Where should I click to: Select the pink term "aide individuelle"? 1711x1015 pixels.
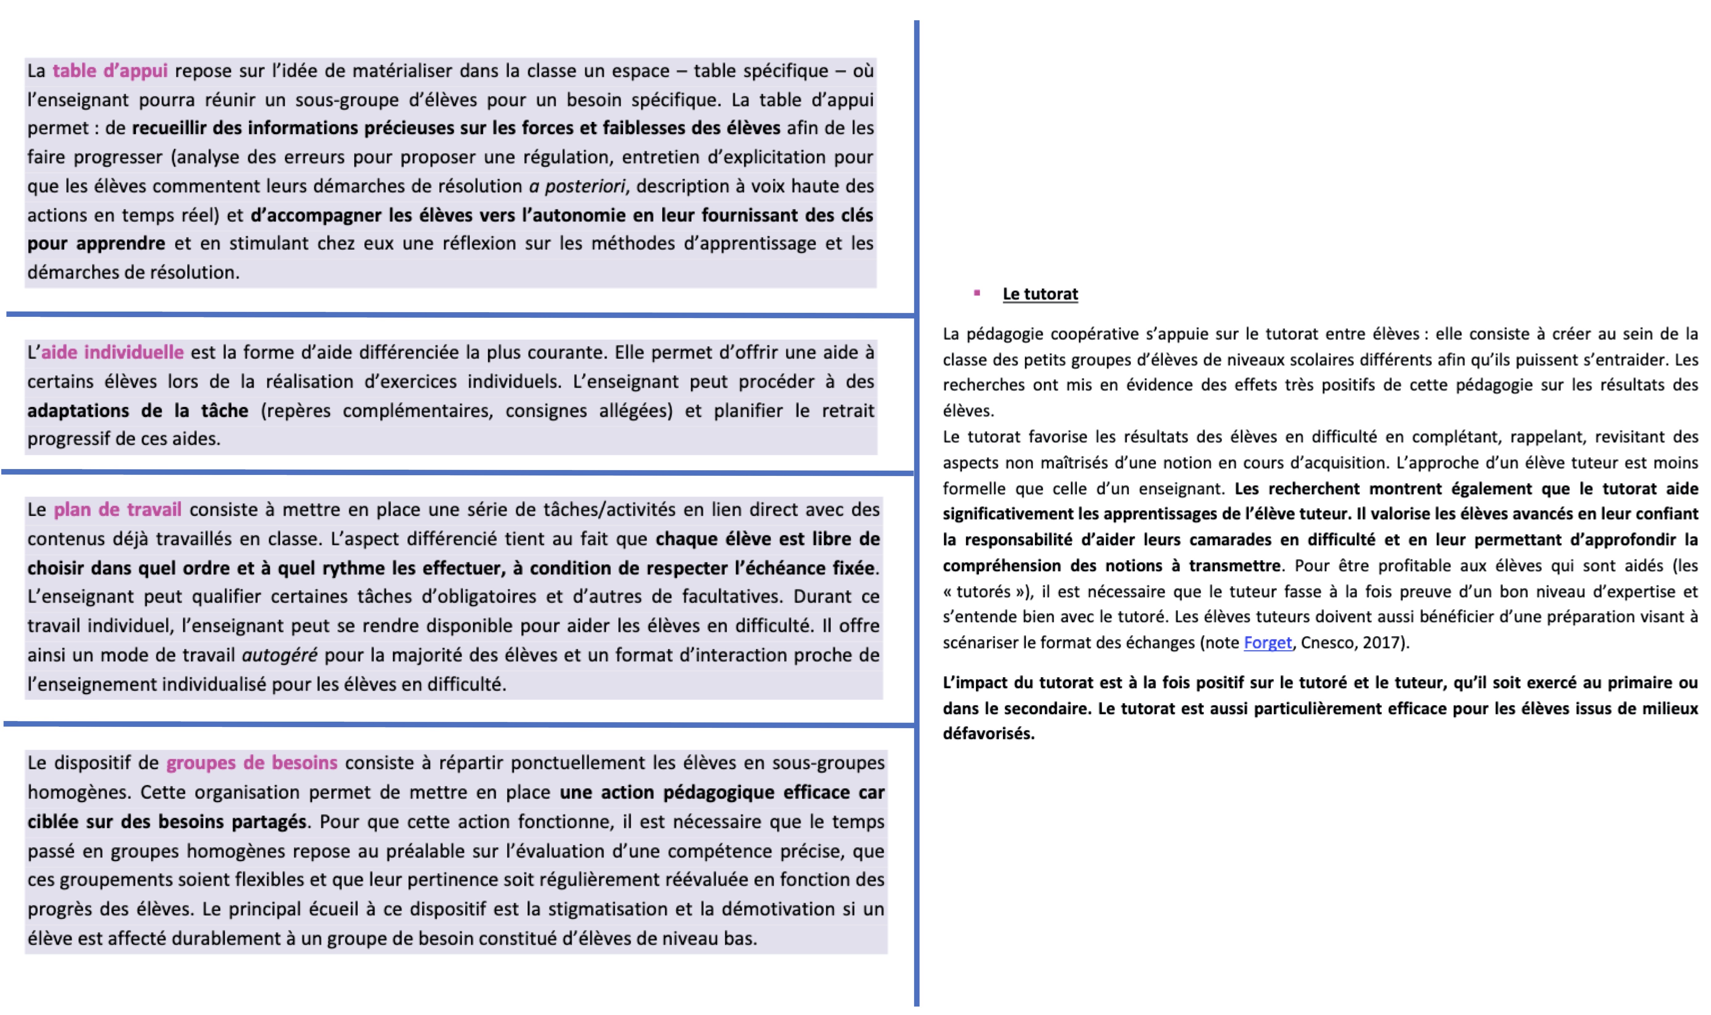(112, 352)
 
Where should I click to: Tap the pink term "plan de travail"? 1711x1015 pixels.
(118, 510)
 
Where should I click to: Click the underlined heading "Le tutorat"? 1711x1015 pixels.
(1040, 294)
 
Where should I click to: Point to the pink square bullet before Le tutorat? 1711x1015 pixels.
(977, 293)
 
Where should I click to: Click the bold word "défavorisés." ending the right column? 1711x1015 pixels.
(988, 734)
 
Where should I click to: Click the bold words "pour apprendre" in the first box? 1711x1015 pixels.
(96, 244)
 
